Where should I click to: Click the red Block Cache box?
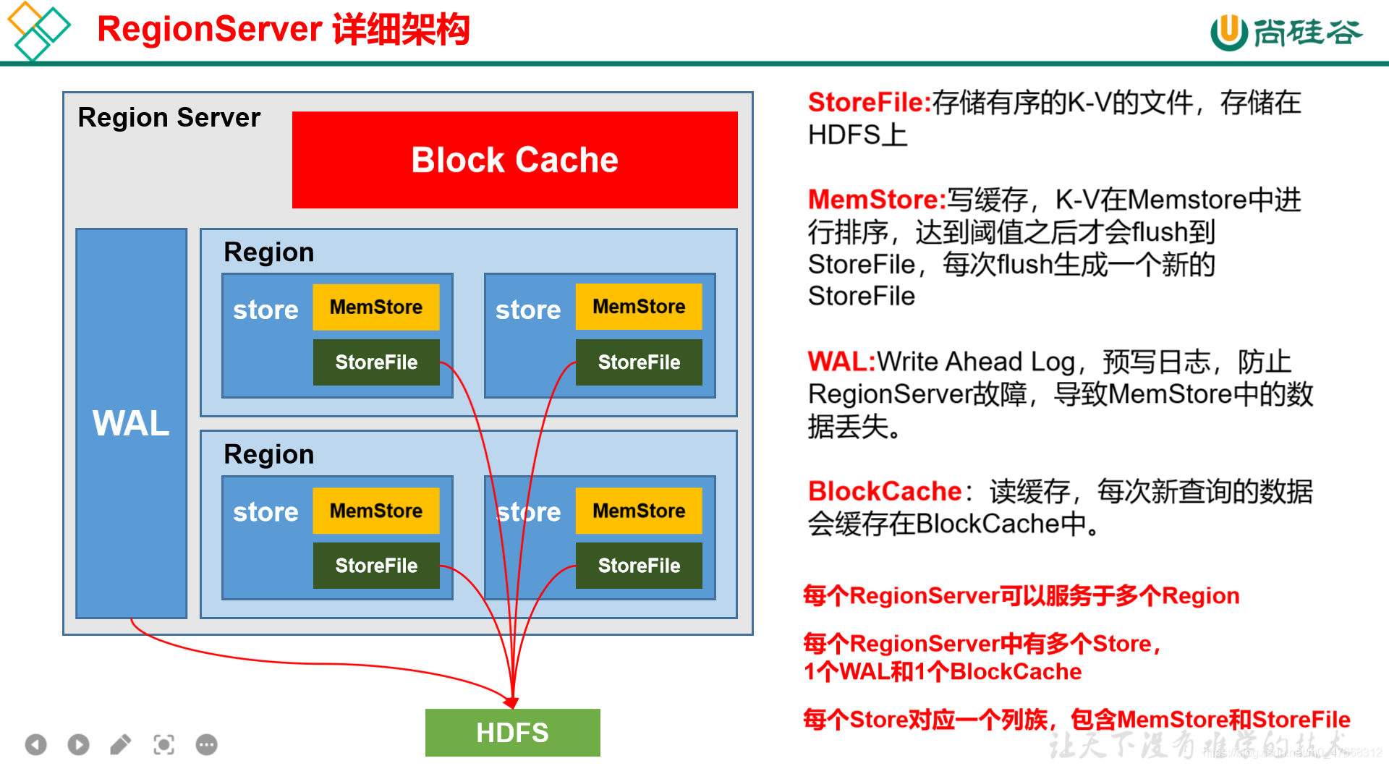[514, 160]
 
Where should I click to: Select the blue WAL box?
[131, 423]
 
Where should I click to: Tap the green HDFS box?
[512, 732]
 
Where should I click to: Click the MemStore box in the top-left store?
[375, 307]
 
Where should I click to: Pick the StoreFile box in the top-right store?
[639, 362]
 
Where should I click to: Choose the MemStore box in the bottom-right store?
[639, 511]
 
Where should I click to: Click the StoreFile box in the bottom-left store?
[375, 566]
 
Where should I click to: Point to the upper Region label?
[268, 252]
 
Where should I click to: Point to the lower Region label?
[268, 454]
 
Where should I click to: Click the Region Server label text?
[169, 117]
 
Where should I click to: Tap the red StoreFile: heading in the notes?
[869, 103]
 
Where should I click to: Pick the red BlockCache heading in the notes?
[884, 491]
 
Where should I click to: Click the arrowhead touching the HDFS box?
[512, 702]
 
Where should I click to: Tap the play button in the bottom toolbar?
[78, 744]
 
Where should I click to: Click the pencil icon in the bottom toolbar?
[121, 744]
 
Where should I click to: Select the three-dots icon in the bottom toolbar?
[206, 744]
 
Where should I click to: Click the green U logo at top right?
[1228, 32]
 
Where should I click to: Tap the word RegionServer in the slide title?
[209, 30]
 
